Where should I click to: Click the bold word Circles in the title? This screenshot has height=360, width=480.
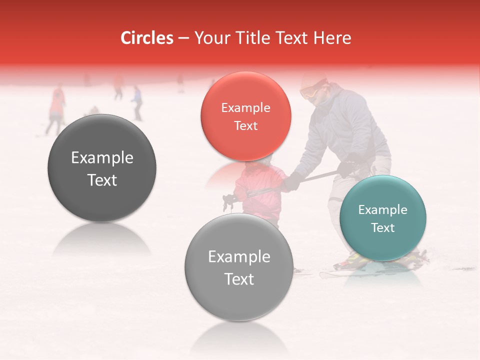pyautogui.click(x=147, y=38)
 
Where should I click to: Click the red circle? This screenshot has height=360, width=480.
pyautogui.click(x=245, y=116)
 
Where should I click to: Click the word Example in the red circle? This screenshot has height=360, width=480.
pyautogui.click(x=245, y=108)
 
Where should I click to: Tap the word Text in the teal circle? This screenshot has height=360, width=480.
pyautogui.click(x=382, y=227)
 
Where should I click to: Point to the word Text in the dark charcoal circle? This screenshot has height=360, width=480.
pyautogui.click(x=102, y=180)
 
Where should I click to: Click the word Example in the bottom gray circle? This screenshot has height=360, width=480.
pyautogui.click(x=239, y=257)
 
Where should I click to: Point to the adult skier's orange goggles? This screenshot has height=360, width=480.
pyautogui.click(x=310, y=91)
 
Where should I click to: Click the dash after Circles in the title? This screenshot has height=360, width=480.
pyautogui.click(x=183, y=38)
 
